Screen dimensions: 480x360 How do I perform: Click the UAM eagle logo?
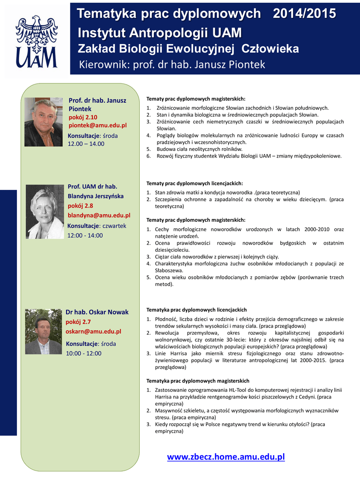click(x=36, y=41)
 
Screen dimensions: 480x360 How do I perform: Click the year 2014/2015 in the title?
click(x=305, y=14)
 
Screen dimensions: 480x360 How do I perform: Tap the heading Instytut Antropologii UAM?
click(x=159, y=33)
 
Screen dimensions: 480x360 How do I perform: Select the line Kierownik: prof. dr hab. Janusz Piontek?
click(x=172, y=64)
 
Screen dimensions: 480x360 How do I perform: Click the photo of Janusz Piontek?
click(x=44, y=122)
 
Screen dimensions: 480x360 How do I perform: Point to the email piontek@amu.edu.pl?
click(x=97, y=126)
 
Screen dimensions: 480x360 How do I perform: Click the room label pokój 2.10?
click(x=83, y=117)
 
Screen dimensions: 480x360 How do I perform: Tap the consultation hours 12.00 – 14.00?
click(x=86, y=144)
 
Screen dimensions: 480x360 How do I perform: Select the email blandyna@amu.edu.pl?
click(x=99, y=215)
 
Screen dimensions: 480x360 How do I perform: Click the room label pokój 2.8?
click(x=80, y=205)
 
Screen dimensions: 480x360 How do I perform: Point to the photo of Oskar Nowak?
click(x=44, y=331)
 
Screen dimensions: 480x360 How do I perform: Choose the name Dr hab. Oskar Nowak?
click(x=97, y=312)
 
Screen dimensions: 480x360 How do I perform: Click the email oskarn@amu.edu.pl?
click(x=93, y=331)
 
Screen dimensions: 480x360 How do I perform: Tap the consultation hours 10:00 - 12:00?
click(x=83, y=353)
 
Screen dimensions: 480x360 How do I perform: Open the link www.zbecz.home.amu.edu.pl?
click(x=226, y=457)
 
